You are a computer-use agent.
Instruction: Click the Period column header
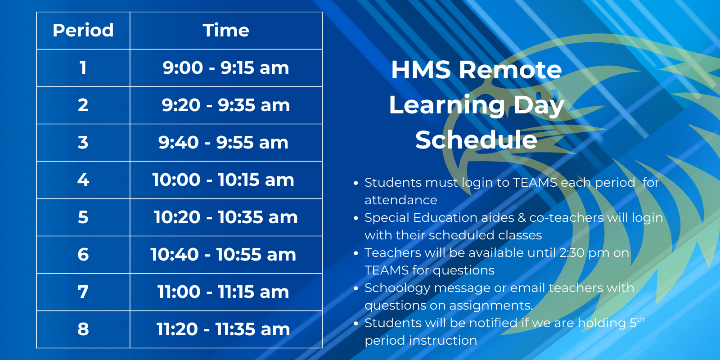pyautogui.click(x=83, y=31)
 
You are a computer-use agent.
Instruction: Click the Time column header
pyautogui.click(x=226, y=31)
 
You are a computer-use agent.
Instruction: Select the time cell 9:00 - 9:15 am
pyautogui.click(x=226, y=68)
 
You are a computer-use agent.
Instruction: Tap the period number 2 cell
pyautogui.click(x=83, y=105)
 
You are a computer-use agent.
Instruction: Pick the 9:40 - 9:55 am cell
pyautogui.click(x=224, y=143)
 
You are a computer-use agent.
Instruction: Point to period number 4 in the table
pyautogui.click(x=83, y=180)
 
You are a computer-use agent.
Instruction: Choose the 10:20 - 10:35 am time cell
pyautogui.click(x=226, y=217)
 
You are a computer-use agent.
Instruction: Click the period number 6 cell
pyautogui.click(x=83, y=255)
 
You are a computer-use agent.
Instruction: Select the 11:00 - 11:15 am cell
pyautogui.click(x=224, y=292)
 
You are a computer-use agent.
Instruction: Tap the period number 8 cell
pyautogui.click(x=83, y=329)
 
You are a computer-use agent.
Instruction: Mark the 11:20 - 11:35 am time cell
pyautogui.click(x=224, y=329)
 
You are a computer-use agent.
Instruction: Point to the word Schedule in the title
pyautogui.click(x=476, y=140)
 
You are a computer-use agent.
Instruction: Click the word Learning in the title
pyautogui.click(x=447, y=106)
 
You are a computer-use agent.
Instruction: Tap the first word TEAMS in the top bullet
pyautogui.click(x=535, y=183)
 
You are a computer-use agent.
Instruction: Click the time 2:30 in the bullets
pyautogui.click(x=571, y=253)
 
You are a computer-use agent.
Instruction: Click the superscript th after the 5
pyautogui.click(x=641, y=319)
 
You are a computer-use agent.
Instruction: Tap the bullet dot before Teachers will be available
pyautogui.click(x=355, y=253)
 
